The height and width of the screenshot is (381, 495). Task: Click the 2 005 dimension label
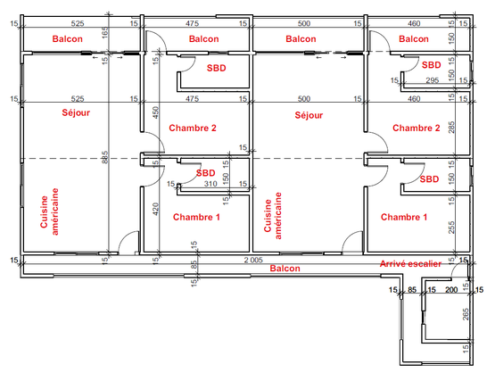pos(253,260)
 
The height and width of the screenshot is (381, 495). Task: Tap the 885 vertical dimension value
pos(105,157)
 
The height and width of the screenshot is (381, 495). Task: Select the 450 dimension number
pos(155,112)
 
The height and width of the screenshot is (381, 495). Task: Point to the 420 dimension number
pos(155,209)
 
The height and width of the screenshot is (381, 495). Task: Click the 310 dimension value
pos(210,184)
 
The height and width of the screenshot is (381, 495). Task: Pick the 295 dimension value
pos(433,80)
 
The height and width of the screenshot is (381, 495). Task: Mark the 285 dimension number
pos(452,128)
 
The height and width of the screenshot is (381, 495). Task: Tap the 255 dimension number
pos(452,228)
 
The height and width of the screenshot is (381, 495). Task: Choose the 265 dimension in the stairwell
pos(466,314)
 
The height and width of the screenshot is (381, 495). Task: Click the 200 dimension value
pos(451,289)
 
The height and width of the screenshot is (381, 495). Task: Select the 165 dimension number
pos(105,33)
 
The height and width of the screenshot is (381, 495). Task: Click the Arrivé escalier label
pos(410,264)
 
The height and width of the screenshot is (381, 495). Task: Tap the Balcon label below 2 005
pos(285,269)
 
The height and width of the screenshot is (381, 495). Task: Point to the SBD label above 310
pos(205,173)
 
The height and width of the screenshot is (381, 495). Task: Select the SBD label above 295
pos(432,65)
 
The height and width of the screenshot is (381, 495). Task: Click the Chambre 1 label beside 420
pos(196,217)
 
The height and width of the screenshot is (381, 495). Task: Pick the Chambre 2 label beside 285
pos(417,128)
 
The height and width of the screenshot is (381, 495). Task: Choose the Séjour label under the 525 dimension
pos(76,112)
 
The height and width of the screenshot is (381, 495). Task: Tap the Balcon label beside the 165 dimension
pos(68,39)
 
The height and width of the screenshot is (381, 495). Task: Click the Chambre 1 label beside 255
pos(404,217)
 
